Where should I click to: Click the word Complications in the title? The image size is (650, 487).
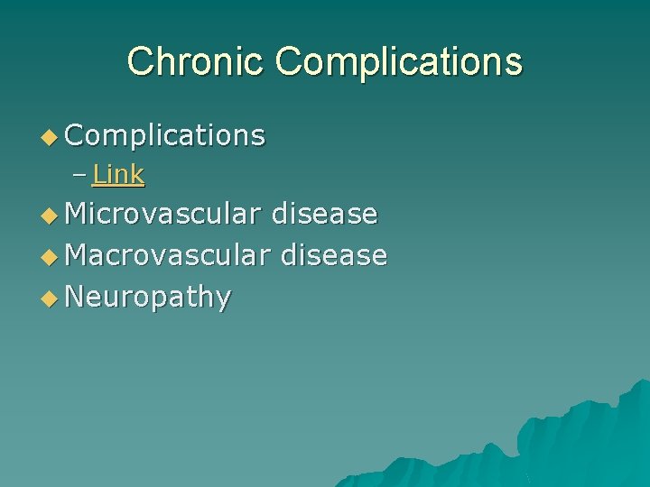(x=399, y=61)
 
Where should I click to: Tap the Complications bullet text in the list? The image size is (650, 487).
(x=165, y=135)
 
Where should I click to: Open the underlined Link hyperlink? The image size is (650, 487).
(x=118, y=174)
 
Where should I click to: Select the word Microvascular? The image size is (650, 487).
(x=163, y=214)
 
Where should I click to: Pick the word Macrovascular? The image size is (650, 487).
(x=168, y=255)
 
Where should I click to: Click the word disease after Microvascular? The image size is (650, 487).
(x=324, y=214)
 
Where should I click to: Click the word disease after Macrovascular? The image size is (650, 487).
(x=334, y=255)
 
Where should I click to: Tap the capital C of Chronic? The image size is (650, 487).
(x=141, y=61)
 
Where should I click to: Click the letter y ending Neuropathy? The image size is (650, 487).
(x=223, y=299)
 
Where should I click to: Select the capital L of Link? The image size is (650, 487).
(x=98, y=174)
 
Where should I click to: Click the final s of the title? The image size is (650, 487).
(x=513, y=63)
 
